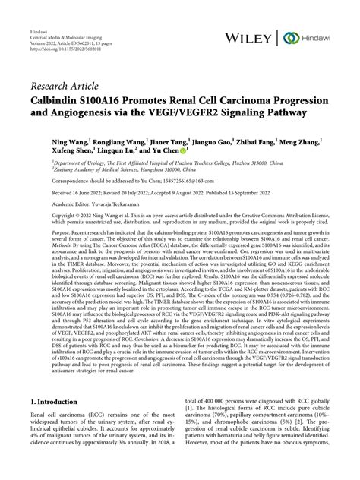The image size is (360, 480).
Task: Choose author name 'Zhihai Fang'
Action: click(x=259, y=141)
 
